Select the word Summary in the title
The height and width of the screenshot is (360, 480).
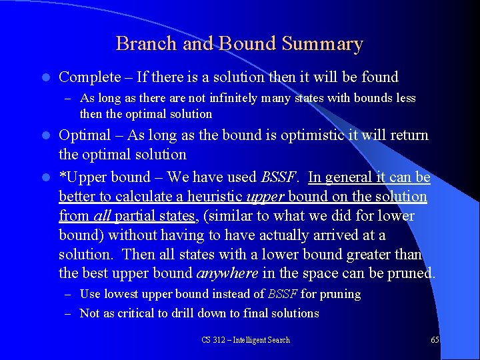(x=322, y=44)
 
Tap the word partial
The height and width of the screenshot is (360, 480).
(x=135, y=216)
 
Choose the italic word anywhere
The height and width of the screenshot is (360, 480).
(x=227, y=274)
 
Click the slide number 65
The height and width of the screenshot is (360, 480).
(x=435, y=340)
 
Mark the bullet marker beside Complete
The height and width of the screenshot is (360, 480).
(x=45, y=78)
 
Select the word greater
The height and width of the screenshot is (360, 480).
(x=368, y=255)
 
